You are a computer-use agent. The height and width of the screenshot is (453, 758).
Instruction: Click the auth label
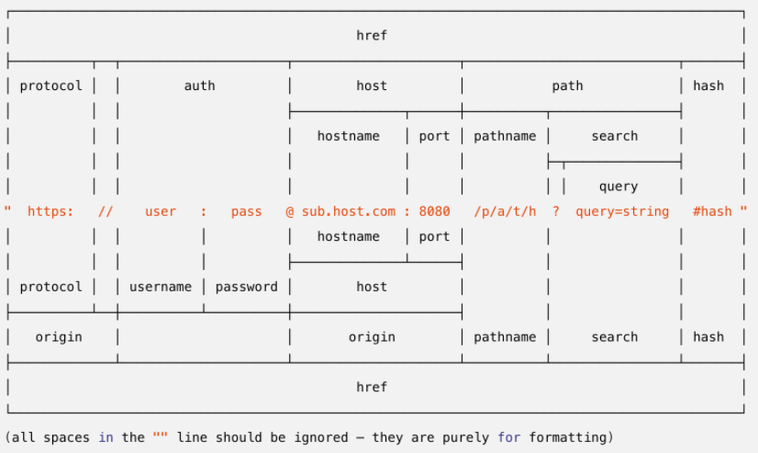(199, 85)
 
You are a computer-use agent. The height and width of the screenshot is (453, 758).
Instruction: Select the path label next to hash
(567, 86)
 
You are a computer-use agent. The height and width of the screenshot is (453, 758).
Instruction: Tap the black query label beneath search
(619, 187)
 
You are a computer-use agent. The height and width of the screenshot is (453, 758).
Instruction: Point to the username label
(160, 287)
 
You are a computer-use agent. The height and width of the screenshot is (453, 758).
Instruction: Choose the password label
(247, 287)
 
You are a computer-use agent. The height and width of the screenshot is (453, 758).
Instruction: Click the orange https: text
(50, 211)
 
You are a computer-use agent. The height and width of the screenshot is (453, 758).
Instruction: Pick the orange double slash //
(106, 211)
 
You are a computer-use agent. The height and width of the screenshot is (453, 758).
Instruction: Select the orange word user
(160, 212)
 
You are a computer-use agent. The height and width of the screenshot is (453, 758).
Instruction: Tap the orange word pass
(246, 212)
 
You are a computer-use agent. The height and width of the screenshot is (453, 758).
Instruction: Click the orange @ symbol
(290, 211)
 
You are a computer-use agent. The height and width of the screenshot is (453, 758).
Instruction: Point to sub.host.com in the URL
(349, 211)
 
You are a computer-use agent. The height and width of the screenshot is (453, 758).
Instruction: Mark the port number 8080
(434, 211)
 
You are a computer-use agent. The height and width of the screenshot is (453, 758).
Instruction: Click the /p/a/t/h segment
(505, 211)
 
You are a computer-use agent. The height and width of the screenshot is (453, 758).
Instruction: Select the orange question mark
(556, 211)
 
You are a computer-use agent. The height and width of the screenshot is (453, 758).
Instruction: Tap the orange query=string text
(622, 211)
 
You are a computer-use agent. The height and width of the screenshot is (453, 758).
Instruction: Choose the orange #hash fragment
(712, 211)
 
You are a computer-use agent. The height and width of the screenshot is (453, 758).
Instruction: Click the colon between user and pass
(204, 212)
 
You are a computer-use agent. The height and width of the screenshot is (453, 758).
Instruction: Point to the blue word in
(106, 437)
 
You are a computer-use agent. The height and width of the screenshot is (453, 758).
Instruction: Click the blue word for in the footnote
(509, 437)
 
